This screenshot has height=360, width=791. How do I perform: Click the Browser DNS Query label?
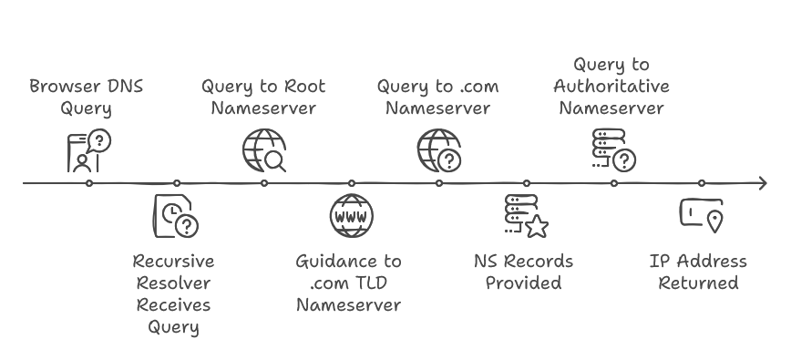(87, 98)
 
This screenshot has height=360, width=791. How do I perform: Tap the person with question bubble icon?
(88, 150)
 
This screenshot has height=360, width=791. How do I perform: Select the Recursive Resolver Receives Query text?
(173, 293)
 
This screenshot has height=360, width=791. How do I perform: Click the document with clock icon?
(175, 216)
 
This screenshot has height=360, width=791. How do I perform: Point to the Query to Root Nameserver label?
(263, 98)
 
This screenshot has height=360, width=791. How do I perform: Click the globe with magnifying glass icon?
(263, 150)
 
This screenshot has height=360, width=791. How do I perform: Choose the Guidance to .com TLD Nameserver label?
(348, 283)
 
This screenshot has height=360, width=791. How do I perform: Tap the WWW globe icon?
(351, 216)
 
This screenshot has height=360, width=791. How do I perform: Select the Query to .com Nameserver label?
(437, 98)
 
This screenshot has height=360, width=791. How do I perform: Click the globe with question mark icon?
(438, 150)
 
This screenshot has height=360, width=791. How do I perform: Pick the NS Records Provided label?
(523, 272)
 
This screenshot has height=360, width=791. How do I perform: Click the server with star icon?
(525, 216)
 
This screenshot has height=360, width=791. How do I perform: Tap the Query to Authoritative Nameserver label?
(611, 87)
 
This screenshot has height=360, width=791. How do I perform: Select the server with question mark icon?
(613, 150)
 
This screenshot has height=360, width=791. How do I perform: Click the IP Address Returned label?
(698, 272)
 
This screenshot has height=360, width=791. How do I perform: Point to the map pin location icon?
(700, 215)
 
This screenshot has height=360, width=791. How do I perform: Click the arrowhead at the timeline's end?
(761, 183)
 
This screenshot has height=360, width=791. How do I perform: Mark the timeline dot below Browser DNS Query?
(89, 183)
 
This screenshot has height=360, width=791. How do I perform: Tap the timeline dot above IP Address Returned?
(701, 183)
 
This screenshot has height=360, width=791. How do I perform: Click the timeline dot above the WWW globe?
(352, 183)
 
